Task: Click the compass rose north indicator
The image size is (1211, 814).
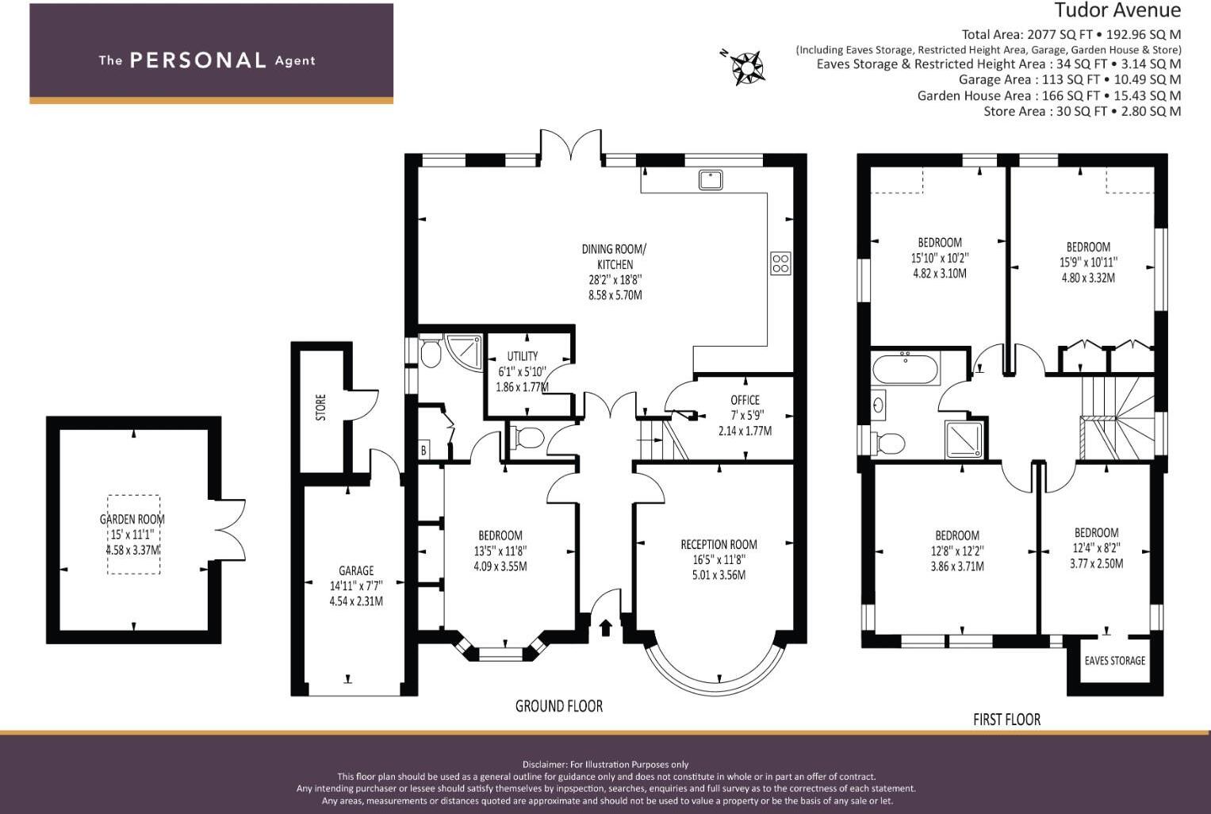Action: pos(745,67)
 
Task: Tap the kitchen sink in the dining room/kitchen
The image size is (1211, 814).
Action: pos(711,179)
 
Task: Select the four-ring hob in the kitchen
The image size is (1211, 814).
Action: pos(780,263)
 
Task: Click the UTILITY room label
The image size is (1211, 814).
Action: pos(523,356)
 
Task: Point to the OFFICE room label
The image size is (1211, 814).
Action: pos(745,400)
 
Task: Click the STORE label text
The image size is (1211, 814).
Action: pos(320,407)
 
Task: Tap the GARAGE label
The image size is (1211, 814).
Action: pos(356,570)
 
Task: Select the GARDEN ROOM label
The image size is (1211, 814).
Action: pos(132,519)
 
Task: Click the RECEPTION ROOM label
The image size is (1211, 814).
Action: pos(719,544)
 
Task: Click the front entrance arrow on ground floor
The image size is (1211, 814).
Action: pos(606,628)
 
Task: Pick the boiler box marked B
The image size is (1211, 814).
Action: pos(423,450)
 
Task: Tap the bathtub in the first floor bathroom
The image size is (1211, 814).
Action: pos(906,367)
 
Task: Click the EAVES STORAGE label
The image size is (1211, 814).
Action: pos(1115,660)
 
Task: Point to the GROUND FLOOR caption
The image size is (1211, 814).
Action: pos(559,706)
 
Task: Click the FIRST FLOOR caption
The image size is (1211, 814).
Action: pos(1006,720)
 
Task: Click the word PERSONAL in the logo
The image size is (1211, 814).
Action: pos(198,60)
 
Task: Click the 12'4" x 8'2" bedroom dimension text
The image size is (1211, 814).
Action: pos(1096,548)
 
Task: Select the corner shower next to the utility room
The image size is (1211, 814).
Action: pos(463,352)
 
